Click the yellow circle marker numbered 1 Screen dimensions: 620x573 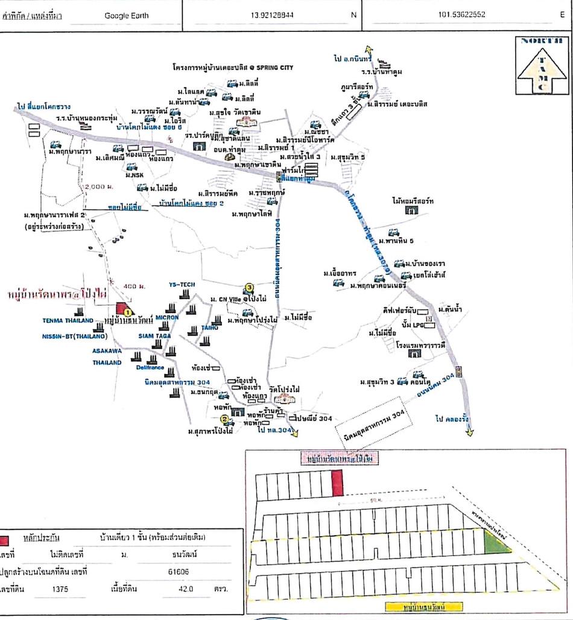coord(128,311)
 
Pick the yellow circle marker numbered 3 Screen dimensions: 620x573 coord(249,288)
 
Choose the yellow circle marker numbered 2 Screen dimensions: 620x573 coord(224,420)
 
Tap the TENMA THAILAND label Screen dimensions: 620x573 coord(68,320)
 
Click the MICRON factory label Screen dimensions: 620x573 coord(166,317)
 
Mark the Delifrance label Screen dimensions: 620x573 coord(150,367)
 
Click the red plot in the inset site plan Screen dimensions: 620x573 coord(338,484)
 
